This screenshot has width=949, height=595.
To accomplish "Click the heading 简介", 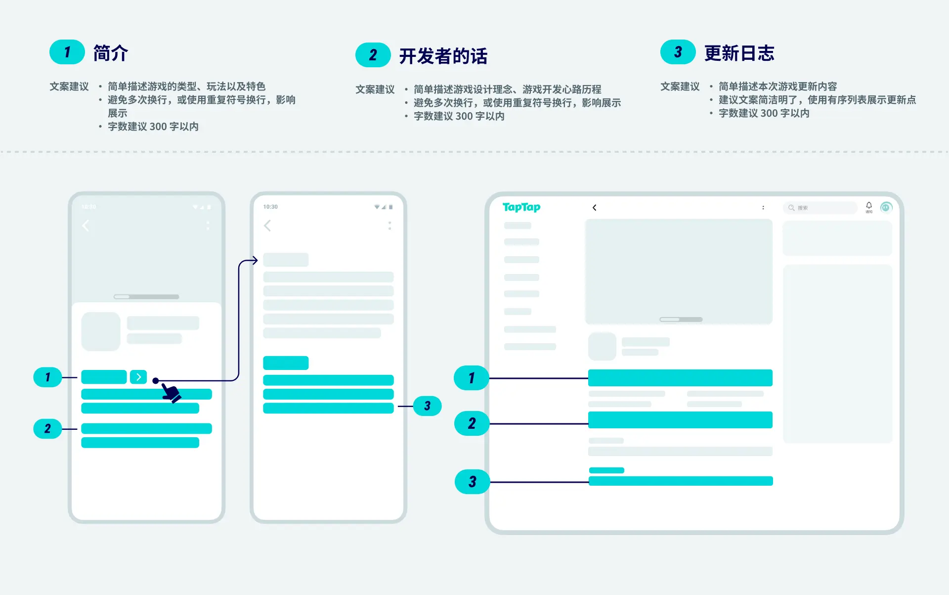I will pos(111,53).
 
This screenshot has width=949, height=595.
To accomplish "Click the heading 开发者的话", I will pos(443,56).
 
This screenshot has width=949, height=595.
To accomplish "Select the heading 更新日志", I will pos(739,53).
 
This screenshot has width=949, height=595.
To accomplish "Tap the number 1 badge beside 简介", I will pos(67,52).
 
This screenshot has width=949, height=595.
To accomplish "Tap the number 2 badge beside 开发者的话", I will pos(373,55).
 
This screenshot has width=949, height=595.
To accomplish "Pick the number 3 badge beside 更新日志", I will pos(678,52).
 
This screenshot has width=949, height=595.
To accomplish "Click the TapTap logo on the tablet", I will pos(521,207).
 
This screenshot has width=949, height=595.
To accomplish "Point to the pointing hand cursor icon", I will pos(171,393).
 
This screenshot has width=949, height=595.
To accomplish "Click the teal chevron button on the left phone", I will pos(138,377).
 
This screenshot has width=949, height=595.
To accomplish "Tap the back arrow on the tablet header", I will pos(594,208).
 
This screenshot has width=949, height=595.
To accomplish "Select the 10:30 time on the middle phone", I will pos(270,207).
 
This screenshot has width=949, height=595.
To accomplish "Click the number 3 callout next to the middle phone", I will pos(427,406).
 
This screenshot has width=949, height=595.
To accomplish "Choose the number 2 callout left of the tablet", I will pos(472,423).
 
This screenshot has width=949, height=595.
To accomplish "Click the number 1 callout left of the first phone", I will pos(47,377).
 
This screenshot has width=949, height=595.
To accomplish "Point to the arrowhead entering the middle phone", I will pos(255,260).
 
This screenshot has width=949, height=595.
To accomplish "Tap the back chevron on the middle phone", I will pos(267,226).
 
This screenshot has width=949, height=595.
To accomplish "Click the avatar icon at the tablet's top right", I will pos(886,207).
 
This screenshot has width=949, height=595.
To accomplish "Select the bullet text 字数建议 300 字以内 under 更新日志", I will pos(764,113).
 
